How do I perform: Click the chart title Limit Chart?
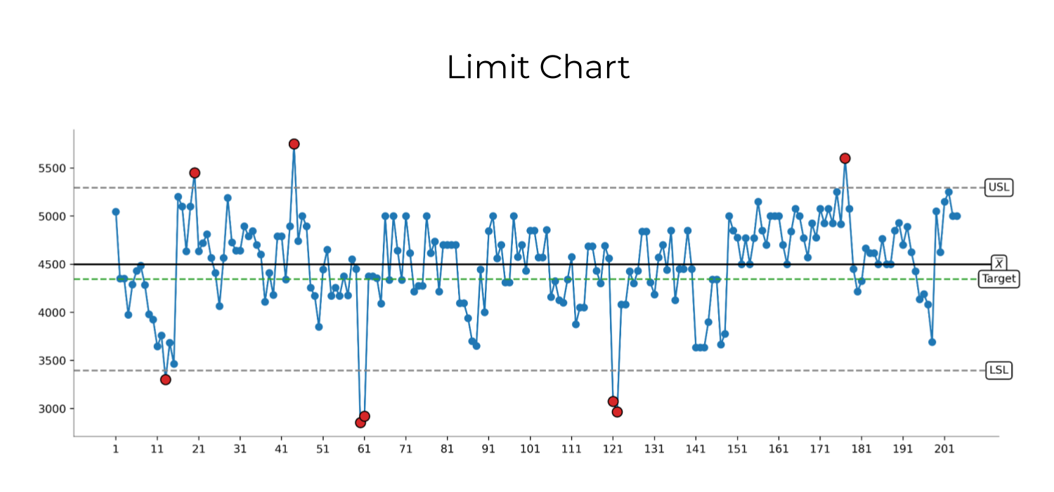point(538,67)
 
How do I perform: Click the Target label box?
point(999,279)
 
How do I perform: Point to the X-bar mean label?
point(998,263)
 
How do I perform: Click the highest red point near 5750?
point(294,143)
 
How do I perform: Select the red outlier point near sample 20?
point(195,173)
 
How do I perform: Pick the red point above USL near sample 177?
point(845,158)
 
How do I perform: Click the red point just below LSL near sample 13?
point(166,380)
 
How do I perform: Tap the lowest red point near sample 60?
point(360,422)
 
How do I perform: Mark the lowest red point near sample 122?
point(617,412)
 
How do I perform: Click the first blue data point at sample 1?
point(116,212)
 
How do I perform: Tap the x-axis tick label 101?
point(530,449)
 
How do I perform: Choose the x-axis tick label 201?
point(944,449)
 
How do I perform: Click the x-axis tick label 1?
point(116,449)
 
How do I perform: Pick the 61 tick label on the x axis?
point(364,449)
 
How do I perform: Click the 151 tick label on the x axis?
point(737,449)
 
